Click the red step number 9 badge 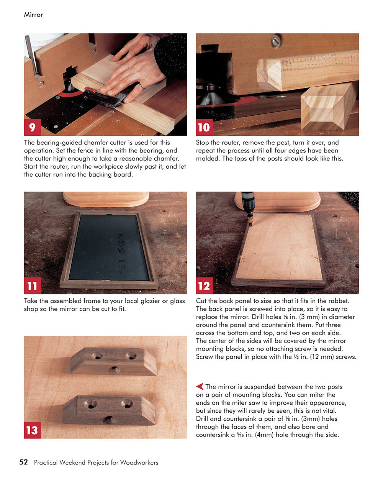tap(32, 127)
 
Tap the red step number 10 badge tap(204, 127)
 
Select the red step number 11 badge tap(32, 286)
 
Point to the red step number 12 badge tap(204, 286)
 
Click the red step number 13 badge tap(32, 430)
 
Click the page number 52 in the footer tap(24, 462)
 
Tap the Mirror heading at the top tap(33, 15)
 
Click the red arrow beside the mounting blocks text tap(200, 386)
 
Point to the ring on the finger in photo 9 tap(142, 87)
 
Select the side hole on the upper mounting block tap(114, 370)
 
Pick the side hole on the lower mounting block tap(108, 420)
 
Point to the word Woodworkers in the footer tap(139, 463)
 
